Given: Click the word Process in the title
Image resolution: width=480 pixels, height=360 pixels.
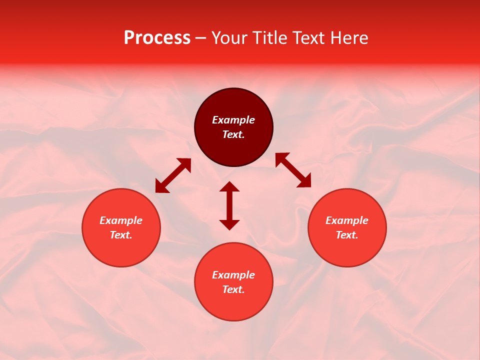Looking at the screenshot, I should coord(157,38).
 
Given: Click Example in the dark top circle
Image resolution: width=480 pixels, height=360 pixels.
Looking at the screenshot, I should coord(233,120).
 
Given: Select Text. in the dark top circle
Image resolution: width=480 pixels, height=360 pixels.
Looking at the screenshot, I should coord(233,134).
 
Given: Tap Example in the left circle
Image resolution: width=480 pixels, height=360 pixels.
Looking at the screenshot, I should coord(121,220).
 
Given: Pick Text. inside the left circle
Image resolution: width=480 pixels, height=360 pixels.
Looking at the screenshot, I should coord(121,235).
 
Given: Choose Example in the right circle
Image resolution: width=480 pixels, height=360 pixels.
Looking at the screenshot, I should coord(347,220).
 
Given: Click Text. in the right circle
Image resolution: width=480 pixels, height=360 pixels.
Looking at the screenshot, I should coord(347,235).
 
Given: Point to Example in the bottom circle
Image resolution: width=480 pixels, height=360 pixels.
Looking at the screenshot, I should coord(233,275).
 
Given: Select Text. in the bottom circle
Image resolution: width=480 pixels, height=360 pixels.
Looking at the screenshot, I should coord(233,289).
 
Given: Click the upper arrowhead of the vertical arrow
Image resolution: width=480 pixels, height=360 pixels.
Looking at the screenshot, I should coord(229,186).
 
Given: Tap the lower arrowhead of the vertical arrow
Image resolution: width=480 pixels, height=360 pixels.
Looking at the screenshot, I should coord(229,224).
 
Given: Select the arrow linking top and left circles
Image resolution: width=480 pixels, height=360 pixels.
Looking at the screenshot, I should coord(173,175).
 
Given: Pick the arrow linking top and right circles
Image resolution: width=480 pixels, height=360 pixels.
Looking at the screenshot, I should coord(293,170).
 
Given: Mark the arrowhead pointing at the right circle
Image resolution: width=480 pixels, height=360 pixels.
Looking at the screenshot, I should coord(304,181).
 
